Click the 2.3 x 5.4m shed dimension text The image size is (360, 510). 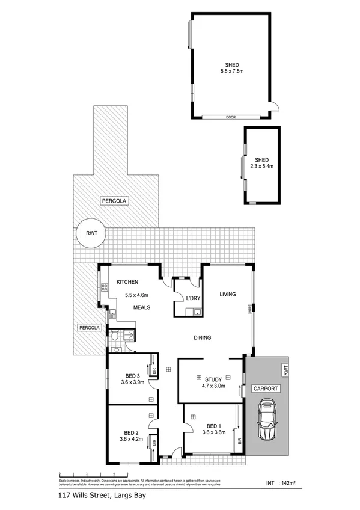261,167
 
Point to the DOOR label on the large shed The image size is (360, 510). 230,117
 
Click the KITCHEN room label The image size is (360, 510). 127,281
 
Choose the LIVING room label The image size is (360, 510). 227,294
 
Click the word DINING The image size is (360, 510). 202,338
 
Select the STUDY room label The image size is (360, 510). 213,379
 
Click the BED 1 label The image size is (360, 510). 214,425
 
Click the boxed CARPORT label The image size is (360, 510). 265,389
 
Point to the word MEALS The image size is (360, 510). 142,308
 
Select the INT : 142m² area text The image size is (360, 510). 279,483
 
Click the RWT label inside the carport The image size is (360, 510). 285,368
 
